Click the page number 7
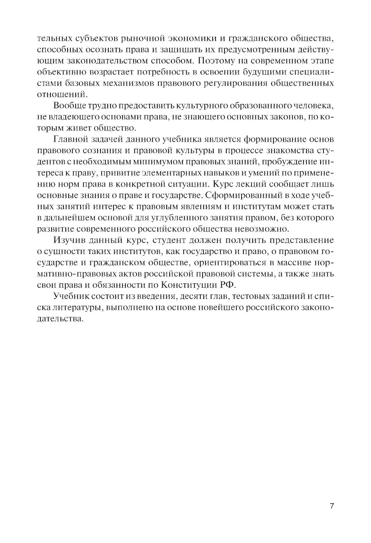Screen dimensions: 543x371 tap(332, 506)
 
